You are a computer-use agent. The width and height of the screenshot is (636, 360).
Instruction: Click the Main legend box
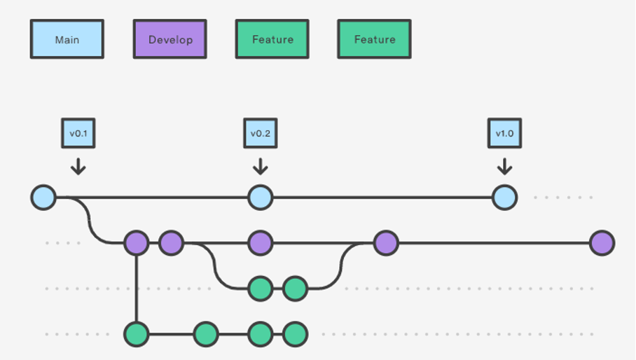coord(67,39)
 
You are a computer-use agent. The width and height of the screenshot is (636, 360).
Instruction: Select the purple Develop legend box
coord(170,39)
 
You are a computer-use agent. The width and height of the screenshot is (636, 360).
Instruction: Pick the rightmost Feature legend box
coord(374,39)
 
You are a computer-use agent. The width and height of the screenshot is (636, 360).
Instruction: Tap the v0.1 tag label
coord(78,133)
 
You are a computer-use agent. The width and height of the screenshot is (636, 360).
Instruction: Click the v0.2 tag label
coord(260,133)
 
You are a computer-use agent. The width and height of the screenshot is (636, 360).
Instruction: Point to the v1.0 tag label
coord(504,133)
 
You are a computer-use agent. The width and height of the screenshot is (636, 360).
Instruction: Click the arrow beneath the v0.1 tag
coord(78,167)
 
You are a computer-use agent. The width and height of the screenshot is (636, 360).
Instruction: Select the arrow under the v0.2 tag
coord(260,167)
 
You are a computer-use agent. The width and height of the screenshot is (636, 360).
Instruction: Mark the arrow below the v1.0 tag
coord(504,167)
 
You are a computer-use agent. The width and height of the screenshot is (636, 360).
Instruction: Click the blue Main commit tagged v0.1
coord(43,198)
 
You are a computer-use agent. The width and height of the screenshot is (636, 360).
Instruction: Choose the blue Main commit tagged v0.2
coord(260,198)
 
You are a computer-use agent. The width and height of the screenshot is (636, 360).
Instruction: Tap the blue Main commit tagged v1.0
coord(504,198)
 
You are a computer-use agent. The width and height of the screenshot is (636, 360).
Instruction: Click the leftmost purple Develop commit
coord(137,243)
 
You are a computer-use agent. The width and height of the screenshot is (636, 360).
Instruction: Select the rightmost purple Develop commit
coord(602,243)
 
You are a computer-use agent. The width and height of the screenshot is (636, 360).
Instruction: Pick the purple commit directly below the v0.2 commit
coord(260,243)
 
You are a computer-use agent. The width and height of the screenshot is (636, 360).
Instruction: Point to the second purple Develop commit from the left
coord(171,243)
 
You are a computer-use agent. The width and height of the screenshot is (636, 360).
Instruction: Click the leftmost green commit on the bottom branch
coord(137,334)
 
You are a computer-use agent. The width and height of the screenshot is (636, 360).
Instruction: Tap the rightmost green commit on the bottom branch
coord(295,334)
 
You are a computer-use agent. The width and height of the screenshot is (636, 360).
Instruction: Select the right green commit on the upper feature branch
coord(295,288)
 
